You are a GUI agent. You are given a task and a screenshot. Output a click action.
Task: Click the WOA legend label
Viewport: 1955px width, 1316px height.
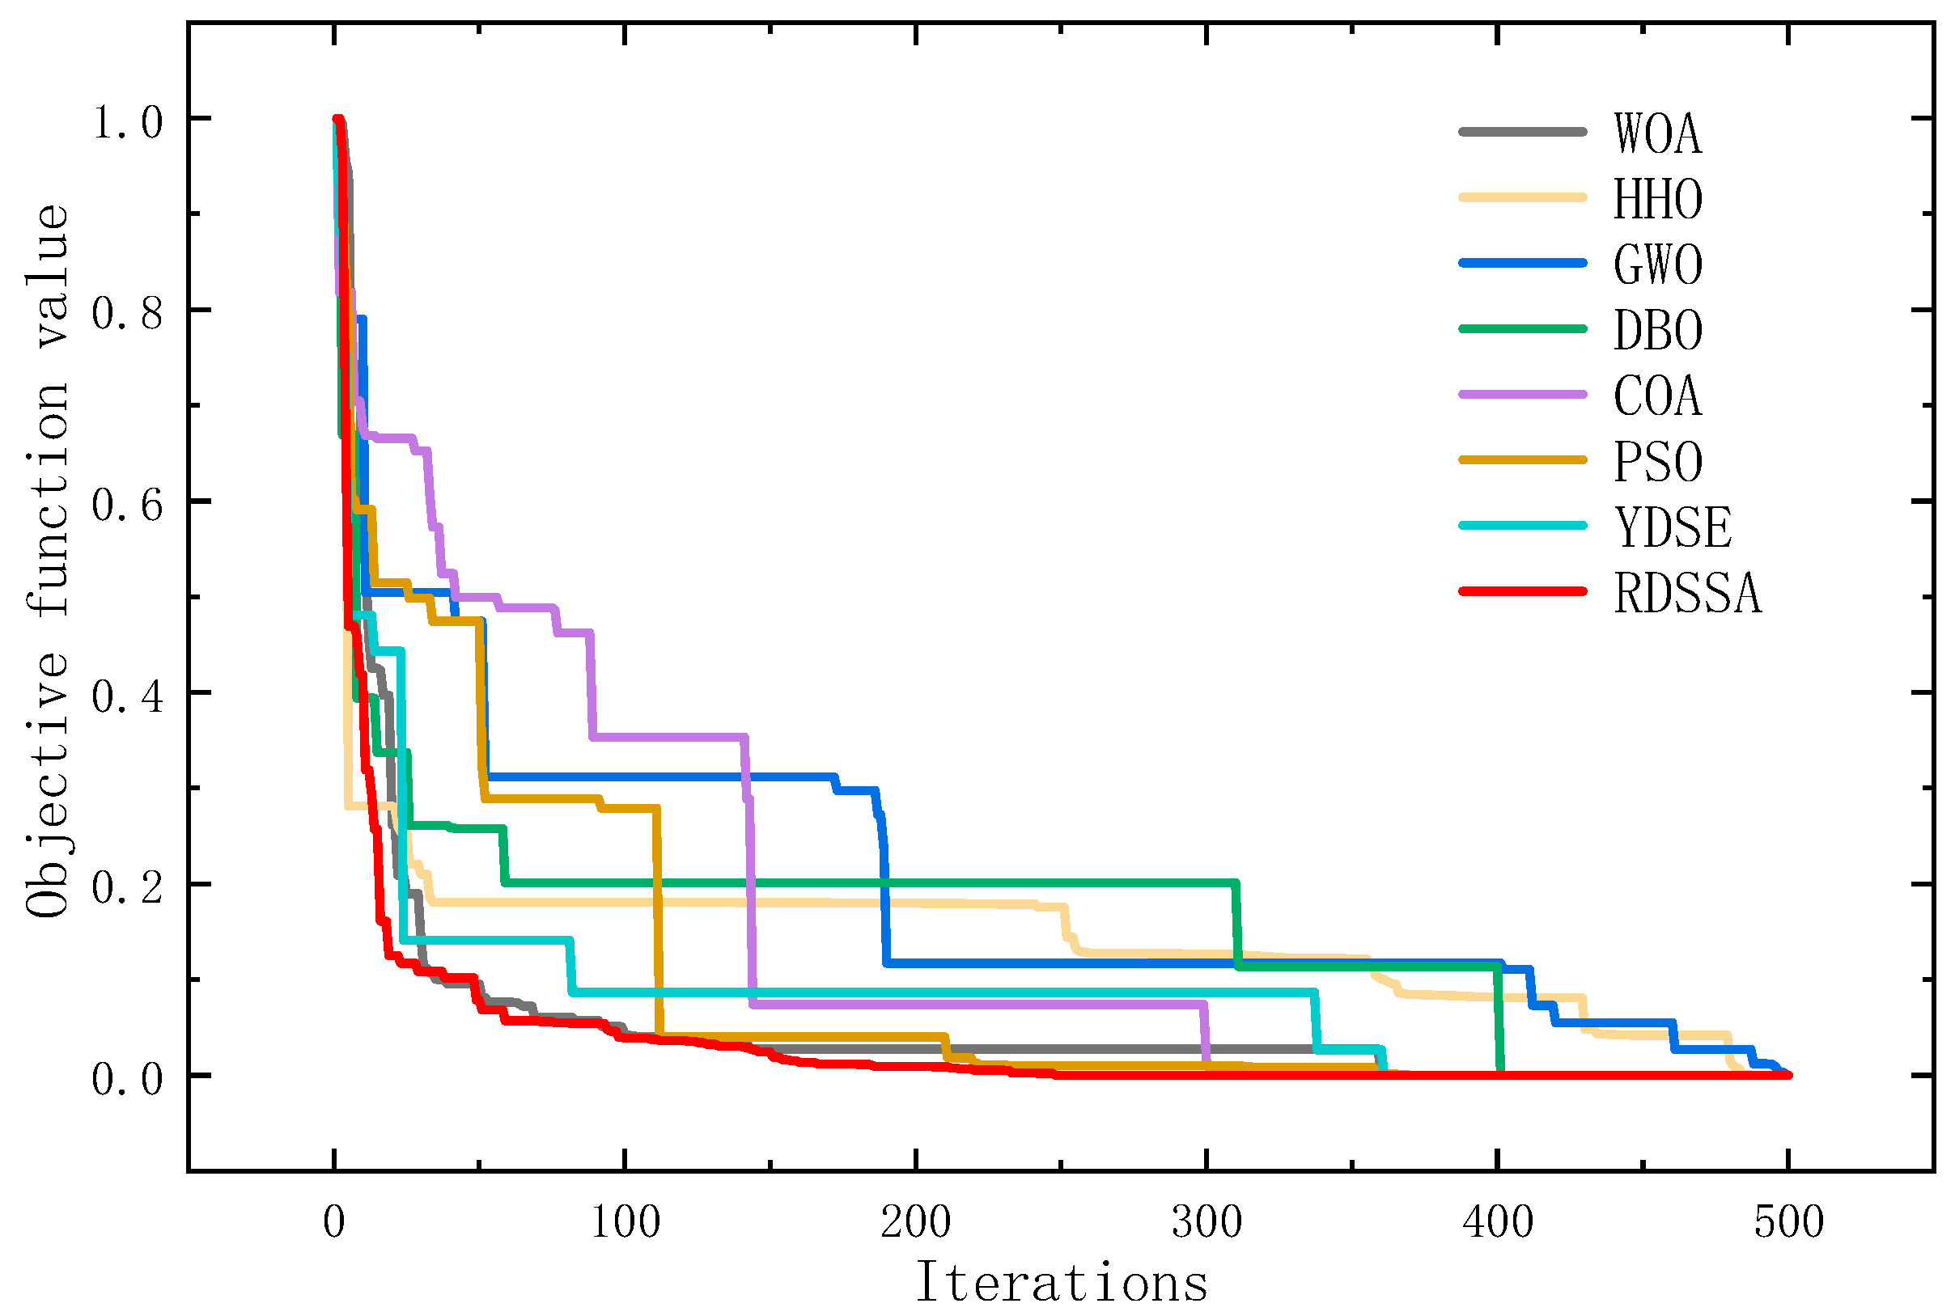coord(1657,133)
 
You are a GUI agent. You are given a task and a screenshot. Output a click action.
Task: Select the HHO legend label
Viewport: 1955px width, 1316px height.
coord(1657,199)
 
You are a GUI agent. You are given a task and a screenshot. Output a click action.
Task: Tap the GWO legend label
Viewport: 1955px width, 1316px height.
coord(1657,264)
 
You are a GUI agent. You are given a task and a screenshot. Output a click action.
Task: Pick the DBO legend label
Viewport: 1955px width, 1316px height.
coord(1657,330)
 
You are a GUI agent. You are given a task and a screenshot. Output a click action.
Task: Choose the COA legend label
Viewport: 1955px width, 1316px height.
coord(1657,396)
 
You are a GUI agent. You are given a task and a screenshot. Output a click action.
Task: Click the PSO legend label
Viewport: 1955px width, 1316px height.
coord(1657,461)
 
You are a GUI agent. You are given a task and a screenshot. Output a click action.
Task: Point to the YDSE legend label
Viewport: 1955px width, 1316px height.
coord(1672,527)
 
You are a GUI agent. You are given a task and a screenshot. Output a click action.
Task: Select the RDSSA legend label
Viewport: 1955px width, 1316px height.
coord(1686,593)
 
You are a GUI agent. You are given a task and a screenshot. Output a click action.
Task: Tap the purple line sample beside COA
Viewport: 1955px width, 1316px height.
coord(1523,395)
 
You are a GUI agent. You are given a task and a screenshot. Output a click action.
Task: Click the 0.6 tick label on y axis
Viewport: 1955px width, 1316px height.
coord(127,506)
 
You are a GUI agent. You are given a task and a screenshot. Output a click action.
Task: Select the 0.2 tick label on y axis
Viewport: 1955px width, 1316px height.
coord(127,889)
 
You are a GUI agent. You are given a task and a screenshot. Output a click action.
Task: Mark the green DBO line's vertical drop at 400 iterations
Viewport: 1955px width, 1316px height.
coord(1499,1020)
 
